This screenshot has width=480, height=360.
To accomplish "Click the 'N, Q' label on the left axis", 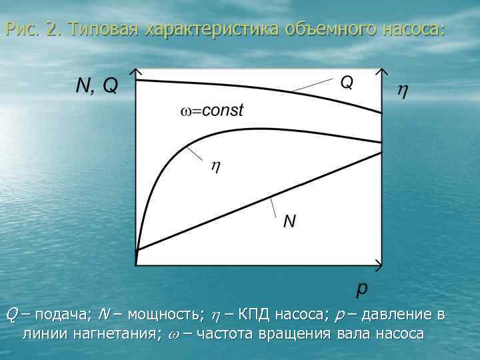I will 97,85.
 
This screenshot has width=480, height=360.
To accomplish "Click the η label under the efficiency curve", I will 215,167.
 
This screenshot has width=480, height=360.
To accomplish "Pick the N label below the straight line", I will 289,221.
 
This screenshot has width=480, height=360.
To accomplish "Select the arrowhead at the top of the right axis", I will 382,71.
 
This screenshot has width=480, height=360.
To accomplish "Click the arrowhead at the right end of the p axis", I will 380,263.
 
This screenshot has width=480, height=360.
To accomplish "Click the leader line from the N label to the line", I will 276,204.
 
